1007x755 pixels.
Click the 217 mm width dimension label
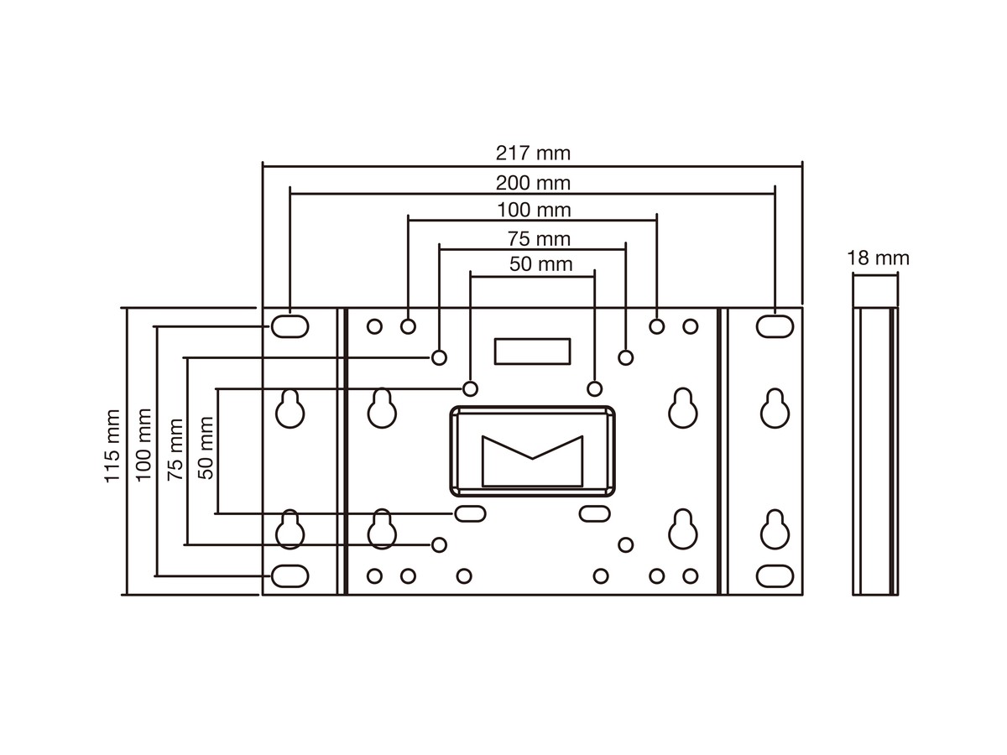point(532,154)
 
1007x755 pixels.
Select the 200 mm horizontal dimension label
point(532,182)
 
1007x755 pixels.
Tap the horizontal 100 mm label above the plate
point(532,209)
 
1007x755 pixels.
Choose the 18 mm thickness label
point(878,258)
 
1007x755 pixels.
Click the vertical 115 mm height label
point(112,446)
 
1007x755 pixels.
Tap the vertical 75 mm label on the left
point(175,449)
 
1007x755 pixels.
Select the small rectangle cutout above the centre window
point(532,351)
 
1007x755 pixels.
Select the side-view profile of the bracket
point(875,451)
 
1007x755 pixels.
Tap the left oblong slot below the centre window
point(470,513)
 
